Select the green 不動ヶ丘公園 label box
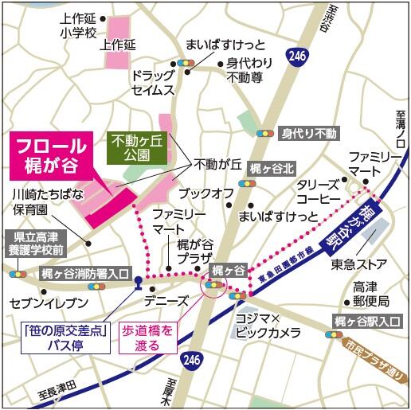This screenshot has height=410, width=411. [137, 148]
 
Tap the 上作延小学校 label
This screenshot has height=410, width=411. [77, 25]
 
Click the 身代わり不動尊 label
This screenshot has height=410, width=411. [250, 70]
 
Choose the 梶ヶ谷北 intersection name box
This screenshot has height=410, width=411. [272, 168]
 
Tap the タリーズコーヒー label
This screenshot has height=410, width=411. [319, 191]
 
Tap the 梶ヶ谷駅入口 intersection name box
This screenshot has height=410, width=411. [366, 321]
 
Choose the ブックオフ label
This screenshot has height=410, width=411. [205, 193]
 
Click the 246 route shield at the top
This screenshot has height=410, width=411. [298, 55]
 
